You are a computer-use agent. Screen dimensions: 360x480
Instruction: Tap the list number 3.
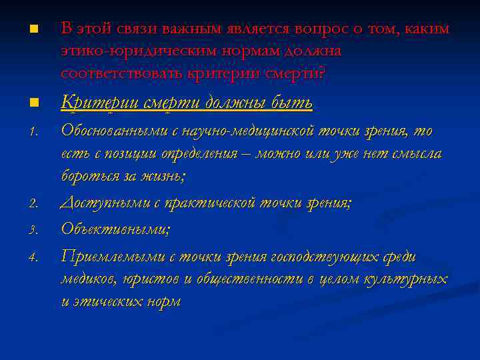pyautogui.click(x=32, y=231)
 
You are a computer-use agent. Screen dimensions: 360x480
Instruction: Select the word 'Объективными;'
pyautogui.click(x=115, y=229)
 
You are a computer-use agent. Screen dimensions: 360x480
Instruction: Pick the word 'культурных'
pyautogui.click(x=407, y=279)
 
